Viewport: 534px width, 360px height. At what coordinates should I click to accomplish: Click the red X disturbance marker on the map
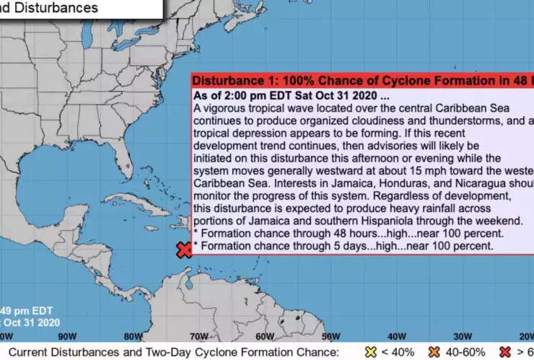click(x=184, y=250)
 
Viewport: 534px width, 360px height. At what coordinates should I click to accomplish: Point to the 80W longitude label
click(x=133, y=335)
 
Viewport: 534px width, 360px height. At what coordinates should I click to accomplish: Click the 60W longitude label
click(x=265, y=335)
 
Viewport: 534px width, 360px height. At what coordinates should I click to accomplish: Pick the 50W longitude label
click(x=331, y=335)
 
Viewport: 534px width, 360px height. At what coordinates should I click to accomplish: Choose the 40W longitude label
click(x=397, y=335)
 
